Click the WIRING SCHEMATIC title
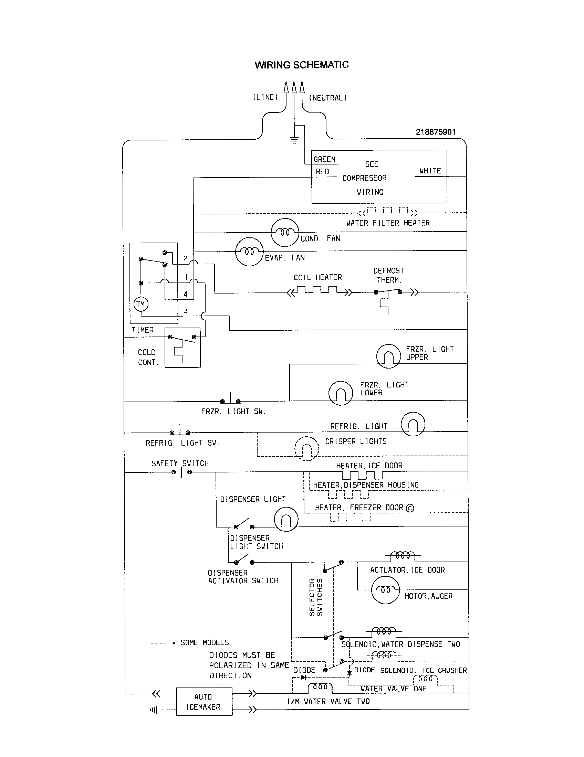tap(301, 65)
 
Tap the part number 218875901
tap(436, 132)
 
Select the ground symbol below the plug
tap(294, 140)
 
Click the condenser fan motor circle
tap(284, 233)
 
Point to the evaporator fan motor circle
tap(249, 252)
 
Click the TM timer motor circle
tap(141, 304)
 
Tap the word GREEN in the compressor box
tap(325, 159)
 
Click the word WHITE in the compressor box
tap(430, 171)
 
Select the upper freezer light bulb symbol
tap(388, 356)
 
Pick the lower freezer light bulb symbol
tap(340, 393)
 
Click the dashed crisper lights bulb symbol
tap(306, 448)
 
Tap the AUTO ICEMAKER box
tap(204, 702)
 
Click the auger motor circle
tap(385, 590)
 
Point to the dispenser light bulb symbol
tap(286, 519)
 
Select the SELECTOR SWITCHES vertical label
tap(315, 597)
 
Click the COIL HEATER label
tap(318, 277)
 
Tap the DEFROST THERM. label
tap(389, 275)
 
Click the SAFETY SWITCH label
tap(180, 463)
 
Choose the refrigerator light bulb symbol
tap(413, 424)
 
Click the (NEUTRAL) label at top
tap(328, 98)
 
